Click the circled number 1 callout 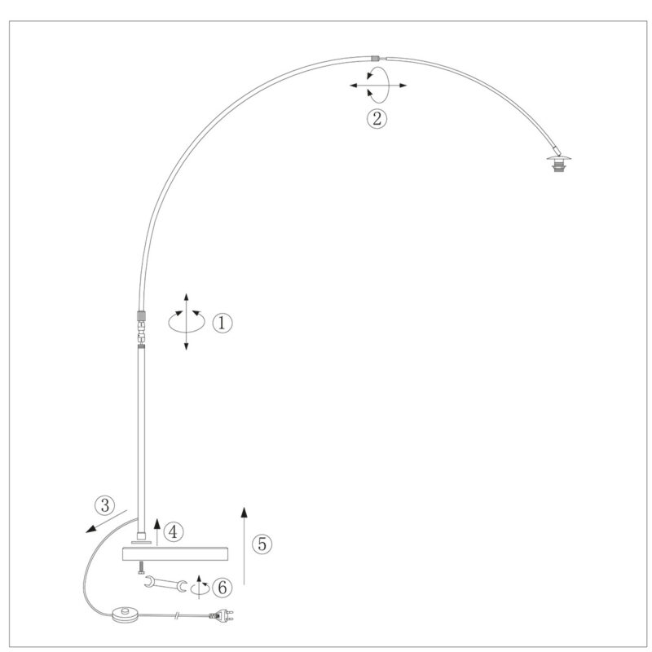222,323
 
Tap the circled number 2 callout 377,118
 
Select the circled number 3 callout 105,505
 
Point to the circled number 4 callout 173,531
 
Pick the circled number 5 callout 262,544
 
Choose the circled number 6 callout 222,588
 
